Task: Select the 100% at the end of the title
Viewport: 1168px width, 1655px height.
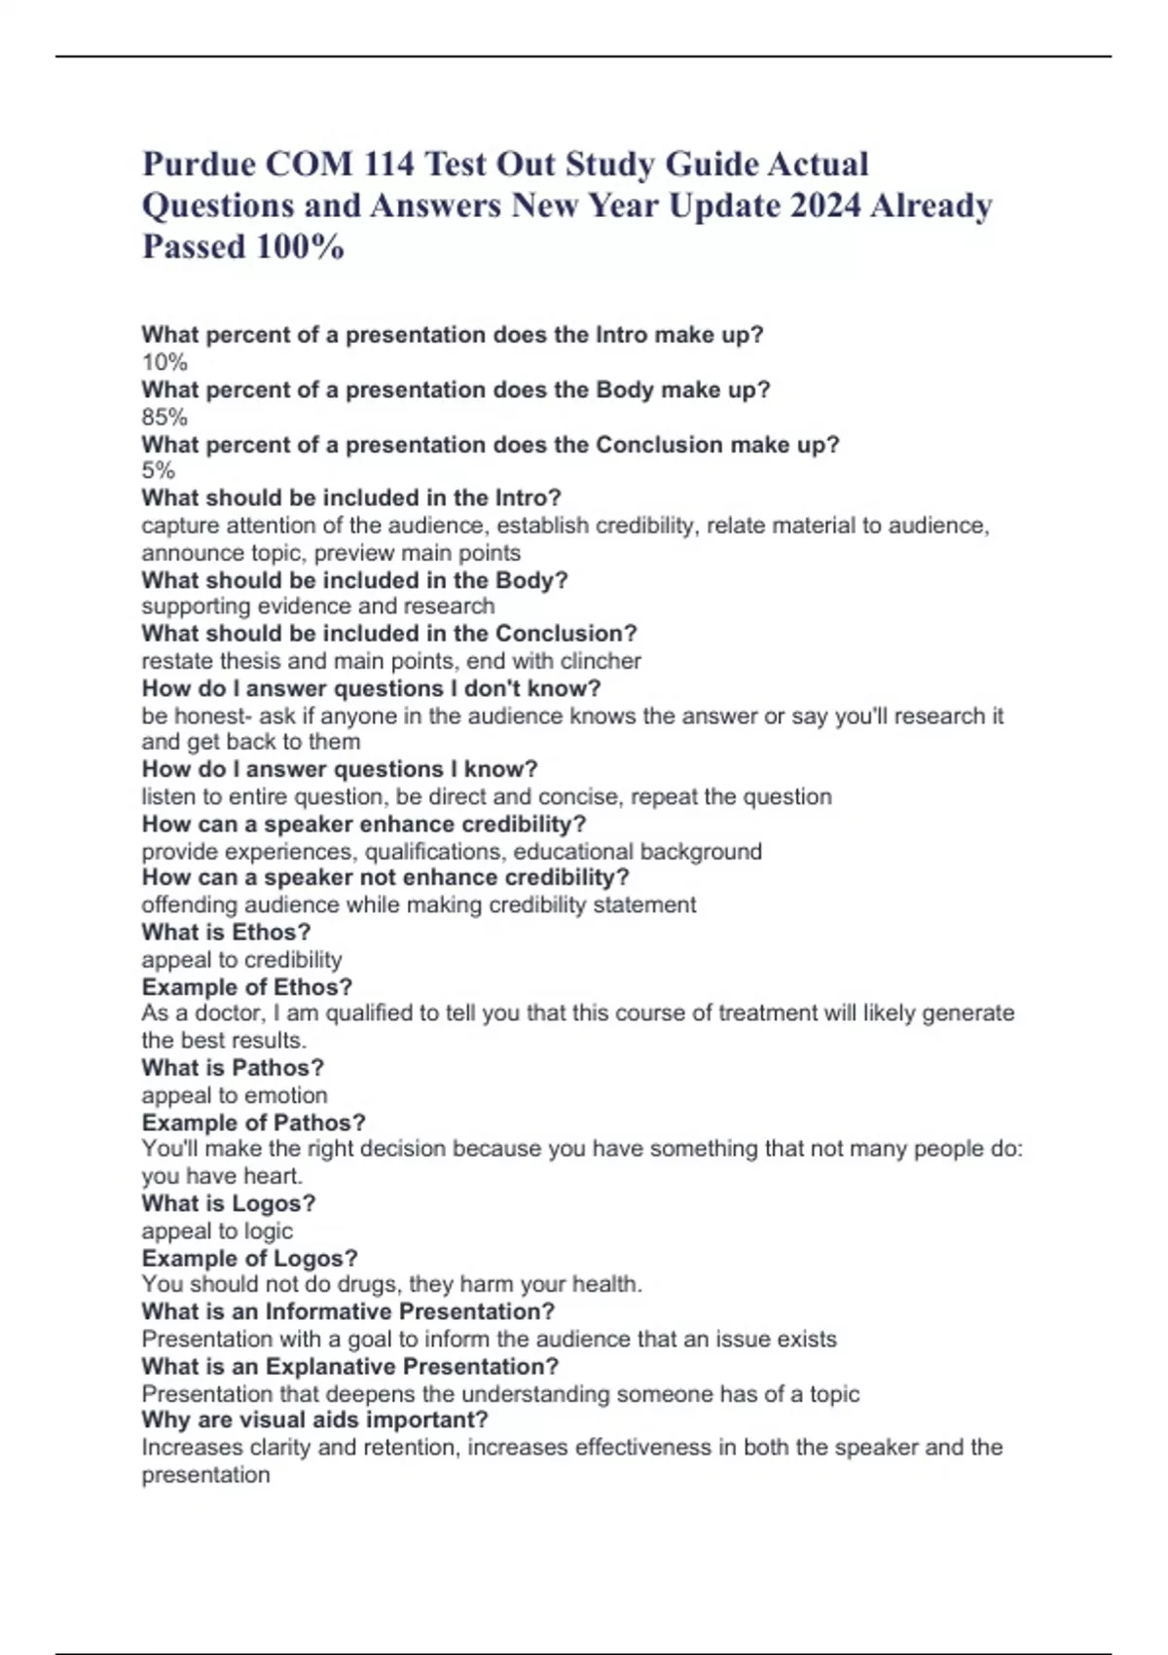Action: tap(299, 247)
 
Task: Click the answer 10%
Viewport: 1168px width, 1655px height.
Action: tap(164, 363)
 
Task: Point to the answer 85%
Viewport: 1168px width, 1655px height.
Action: tap(164, 418)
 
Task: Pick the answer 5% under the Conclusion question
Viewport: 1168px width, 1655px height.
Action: tap(159, 471)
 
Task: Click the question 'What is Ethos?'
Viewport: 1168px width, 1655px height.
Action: tap(226, 933)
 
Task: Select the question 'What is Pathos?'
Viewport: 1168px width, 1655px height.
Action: tap(233, 1068)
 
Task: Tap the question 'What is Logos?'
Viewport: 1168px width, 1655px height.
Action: tap(229, 1203)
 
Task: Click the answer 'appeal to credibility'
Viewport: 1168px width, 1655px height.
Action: tap(241, 960)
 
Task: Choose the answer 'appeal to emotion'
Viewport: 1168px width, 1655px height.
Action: tap(235, 1095)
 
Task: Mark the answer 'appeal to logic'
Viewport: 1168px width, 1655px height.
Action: tap(217, 1231)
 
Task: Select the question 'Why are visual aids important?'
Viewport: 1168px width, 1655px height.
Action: tap(314, 1419)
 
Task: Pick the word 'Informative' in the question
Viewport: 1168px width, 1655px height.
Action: tap(328, 1311)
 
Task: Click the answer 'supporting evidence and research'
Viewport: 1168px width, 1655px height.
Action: tap(318, 607)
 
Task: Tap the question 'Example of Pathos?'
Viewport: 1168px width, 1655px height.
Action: tap(253, 1122)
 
